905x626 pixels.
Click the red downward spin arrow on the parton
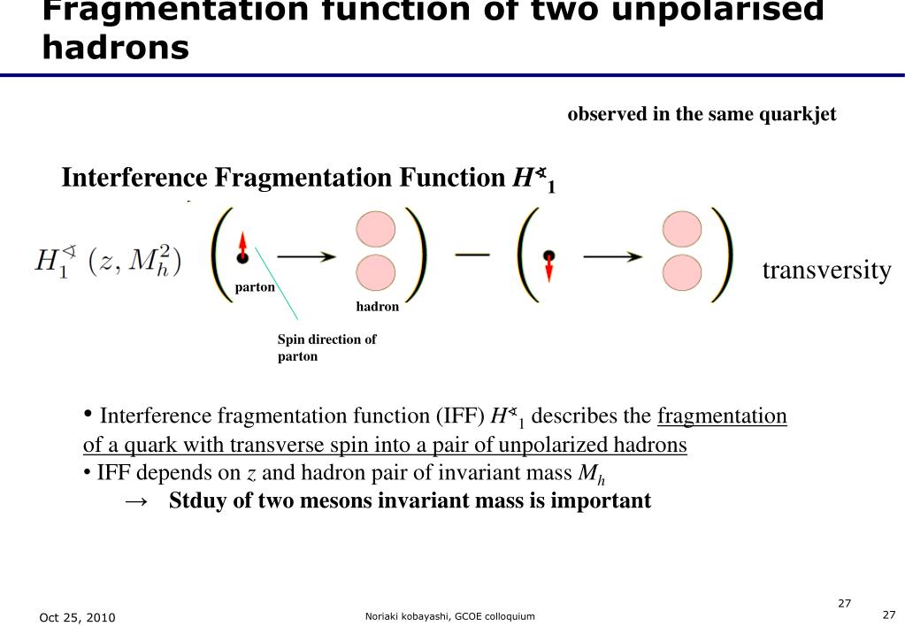549,267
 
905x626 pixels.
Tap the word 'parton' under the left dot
255,287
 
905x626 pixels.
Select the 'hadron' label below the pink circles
378,307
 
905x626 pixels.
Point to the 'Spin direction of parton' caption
326,347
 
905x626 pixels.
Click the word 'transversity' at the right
826,271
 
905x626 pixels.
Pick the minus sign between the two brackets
472,255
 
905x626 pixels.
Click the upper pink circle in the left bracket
375,229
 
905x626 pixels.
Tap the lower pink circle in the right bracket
681,273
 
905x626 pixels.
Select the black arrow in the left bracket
306,256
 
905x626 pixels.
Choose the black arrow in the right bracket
612,256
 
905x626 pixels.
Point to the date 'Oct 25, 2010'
77,617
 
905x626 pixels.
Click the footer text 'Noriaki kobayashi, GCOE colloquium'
449,616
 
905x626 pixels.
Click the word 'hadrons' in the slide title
115,47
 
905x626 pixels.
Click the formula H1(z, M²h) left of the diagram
108,261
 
